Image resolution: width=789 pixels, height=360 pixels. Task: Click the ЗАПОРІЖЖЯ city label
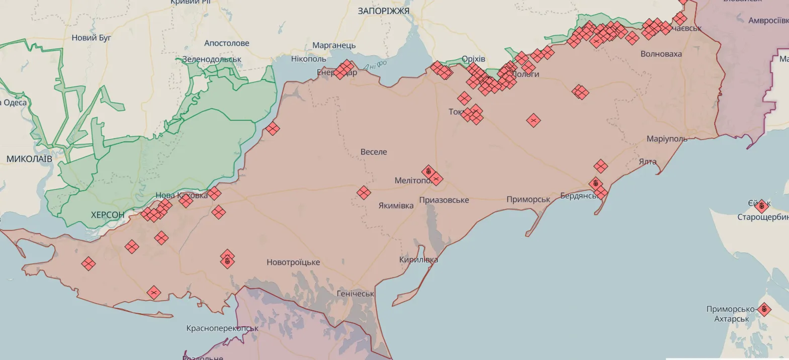point(383,11)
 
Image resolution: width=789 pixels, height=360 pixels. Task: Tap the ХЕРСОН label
point(107,215)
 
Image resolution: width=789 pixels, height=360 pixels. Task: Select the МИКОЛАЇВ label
point(29,159)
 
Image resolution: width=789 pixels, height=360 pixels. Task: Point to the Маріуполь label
point(667,139)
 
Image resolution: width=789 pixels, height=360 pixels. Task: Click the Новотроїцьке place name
point(293,262)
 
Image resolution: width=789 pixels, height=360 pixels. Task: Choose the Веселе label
point(374,152)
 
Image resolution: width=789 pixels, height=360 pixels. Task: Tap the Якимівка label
point(396,206)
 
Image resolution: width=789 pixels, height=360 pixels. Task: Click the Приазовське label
point(444,200)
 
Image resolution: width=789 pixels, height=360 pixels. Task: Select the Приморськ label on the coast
point(529,200)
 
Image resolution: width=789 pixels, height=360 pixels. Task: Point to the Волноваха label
point(661,54)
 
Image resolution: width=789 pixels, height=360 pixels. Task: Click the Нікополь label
point(309,59)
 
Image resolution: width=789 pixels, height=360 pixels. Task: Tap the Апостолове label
point(227,43)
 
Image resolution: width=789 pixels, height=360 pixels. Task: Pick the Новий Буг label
point(92,38)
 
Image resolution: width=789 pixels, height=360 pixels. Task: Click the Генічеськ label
point(356,294)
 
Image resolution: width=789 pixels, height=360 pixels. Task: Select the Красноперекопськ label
point(222,328)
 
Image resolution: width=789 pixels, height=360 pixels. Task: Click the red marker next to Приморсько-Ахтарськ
point(764,309)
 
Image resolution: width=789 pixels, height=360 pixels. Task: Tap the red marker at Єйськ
point(761,205)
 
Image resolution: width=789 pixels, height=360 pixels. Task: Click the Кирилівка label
point(418,260)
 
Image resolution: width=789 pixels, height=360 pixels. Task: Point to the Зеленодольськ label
point(212,59)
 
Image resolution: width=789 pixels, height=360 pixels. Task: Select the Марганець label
point(334,45)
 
